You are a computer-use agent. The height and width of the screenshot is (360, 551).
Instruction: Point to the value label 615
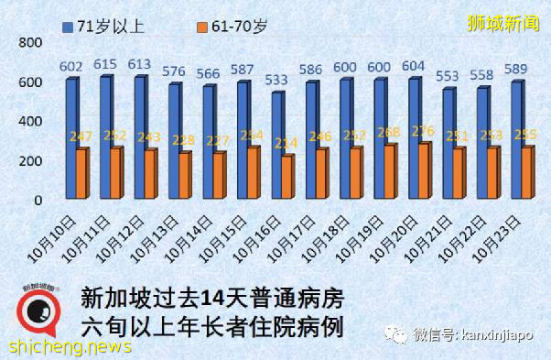tap(106, 62)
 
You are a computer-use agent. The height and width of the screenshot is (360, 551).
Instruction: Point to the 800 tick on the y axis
tap(31, 44)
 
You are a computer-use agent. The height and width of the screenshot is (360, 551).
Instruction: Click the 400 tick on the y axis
tap(31, 122)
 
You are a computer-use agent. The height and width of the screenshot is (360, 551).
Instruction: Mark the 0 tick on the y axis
tap(38, 200)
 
